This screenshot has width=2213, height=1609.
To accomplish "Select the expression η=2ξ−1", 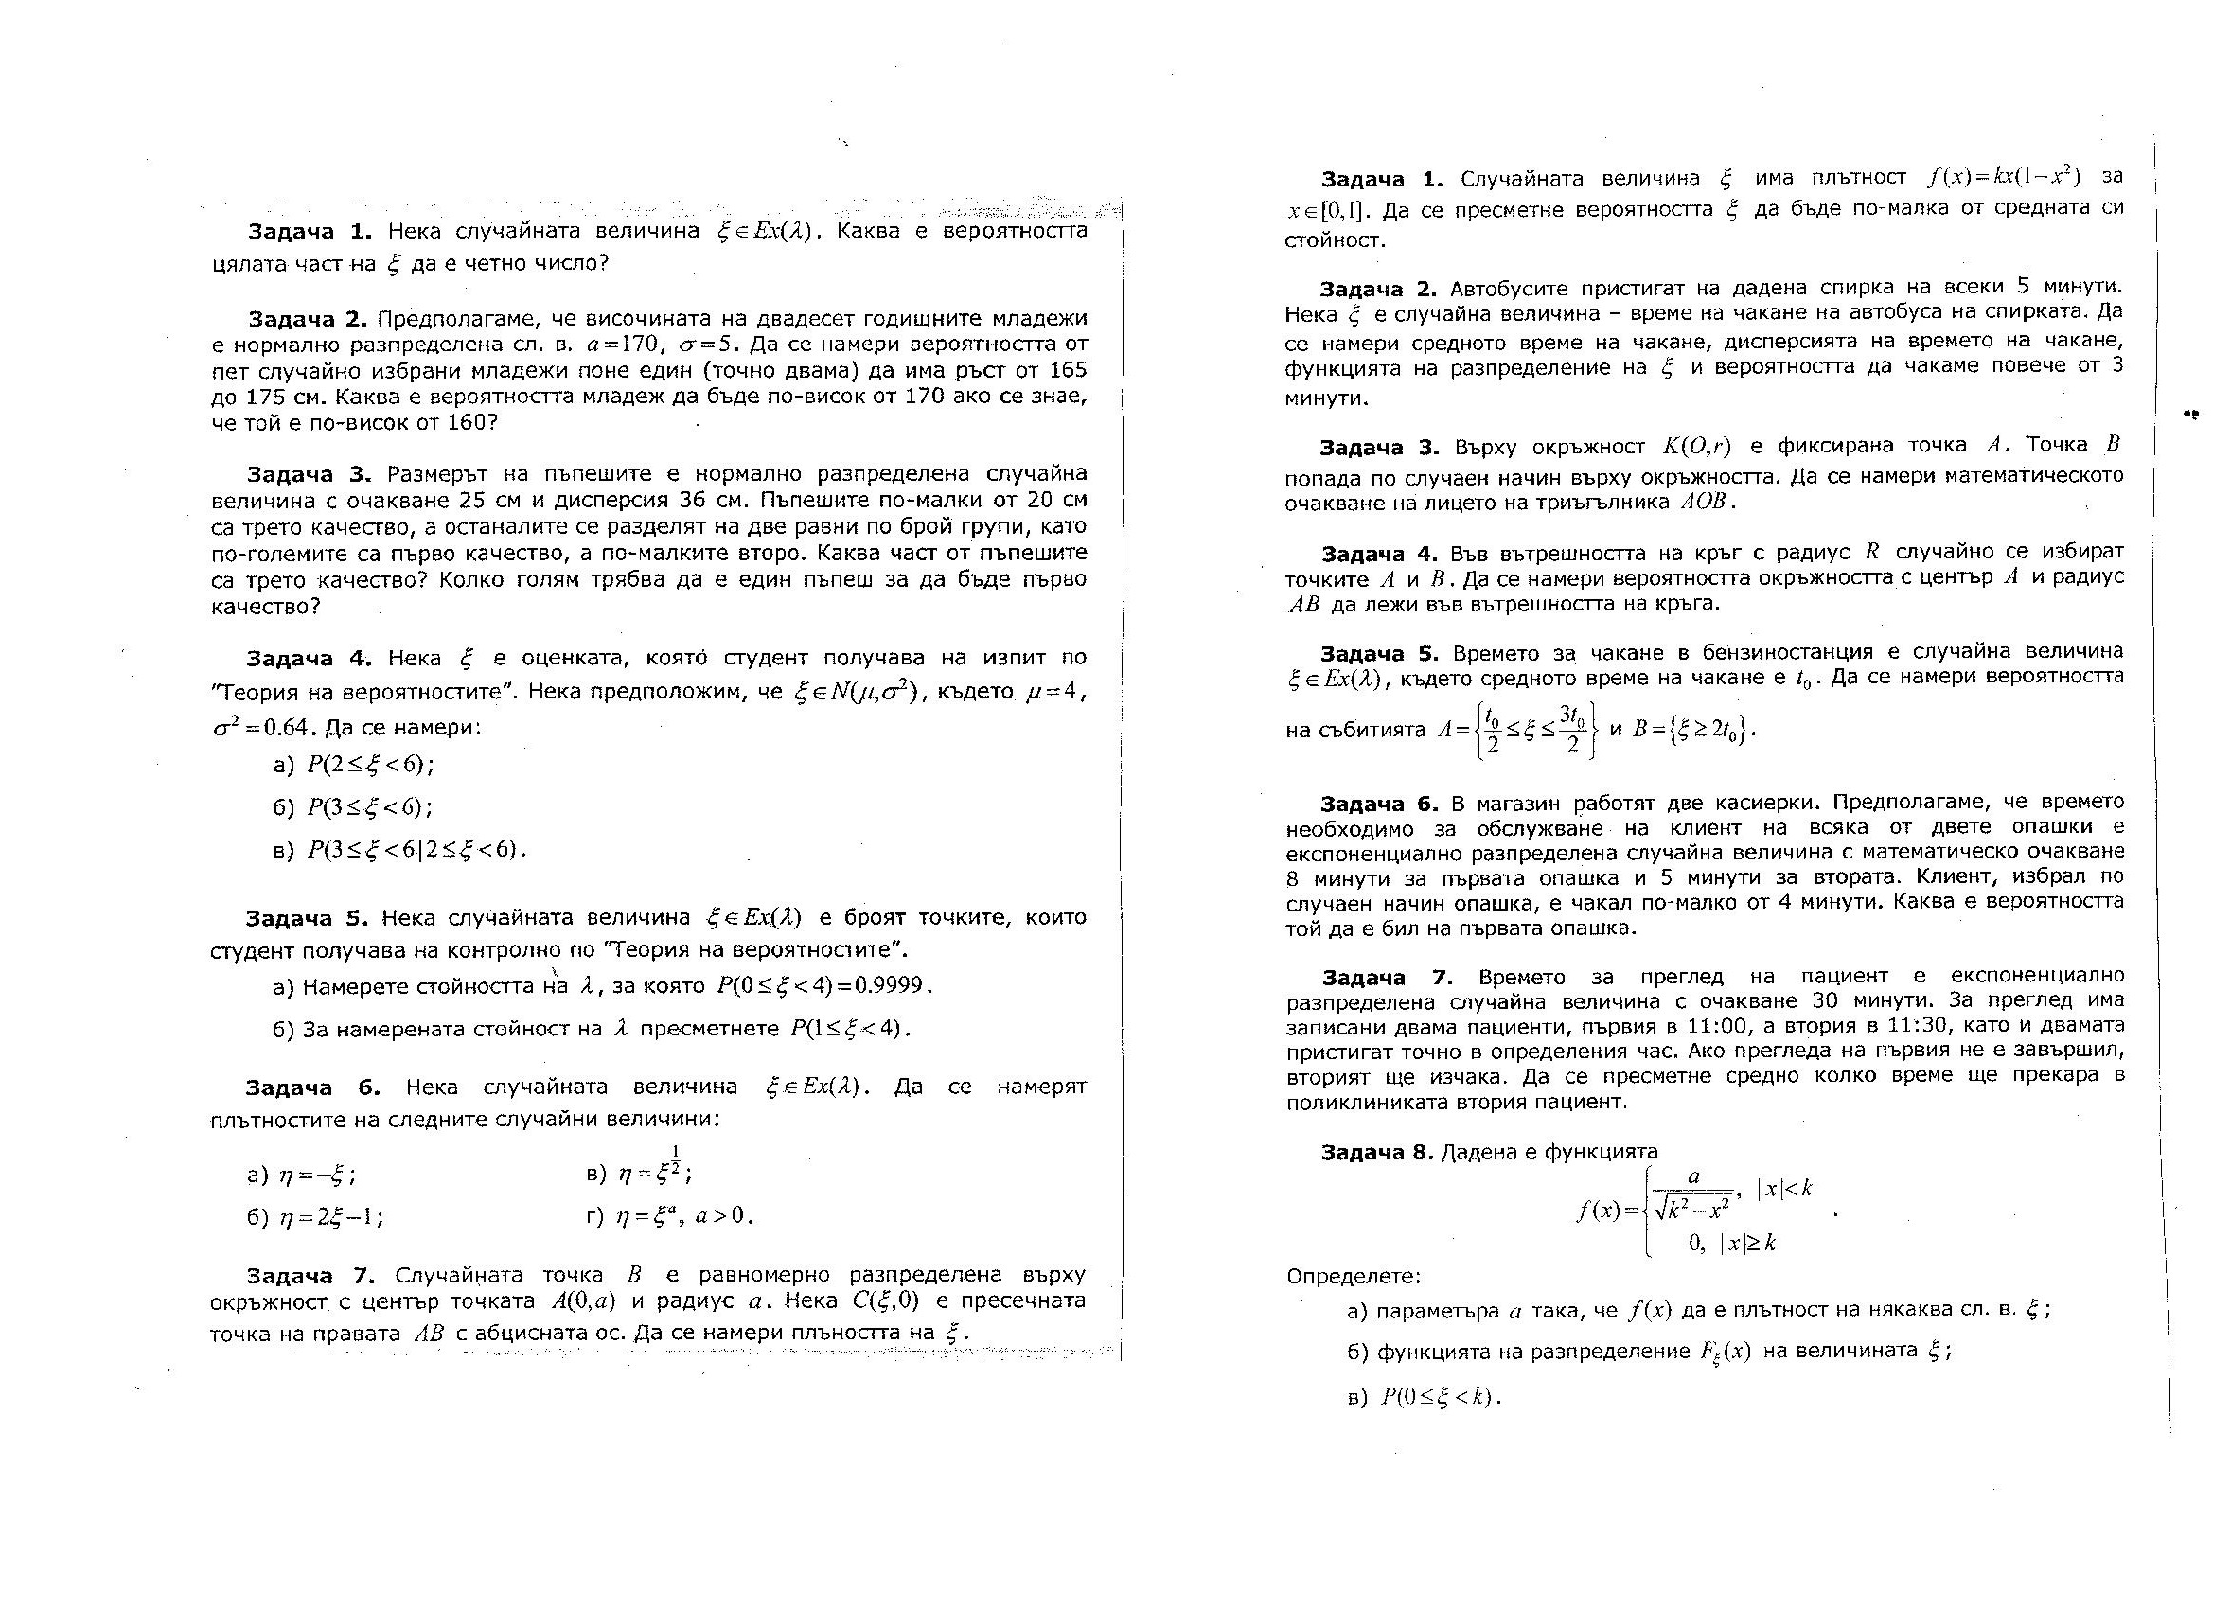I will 330,1217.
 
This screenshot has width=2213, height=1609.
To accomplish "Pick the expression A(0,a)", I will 582,1300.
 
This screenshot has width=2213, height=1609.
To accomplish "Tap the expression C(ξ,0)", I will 886,1300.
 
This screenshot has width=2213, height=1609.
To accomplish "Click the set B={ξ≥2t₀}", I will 1694,729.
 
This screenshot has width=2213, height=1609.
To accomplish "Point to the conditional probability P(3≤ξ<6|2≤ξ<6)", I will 416,849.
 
